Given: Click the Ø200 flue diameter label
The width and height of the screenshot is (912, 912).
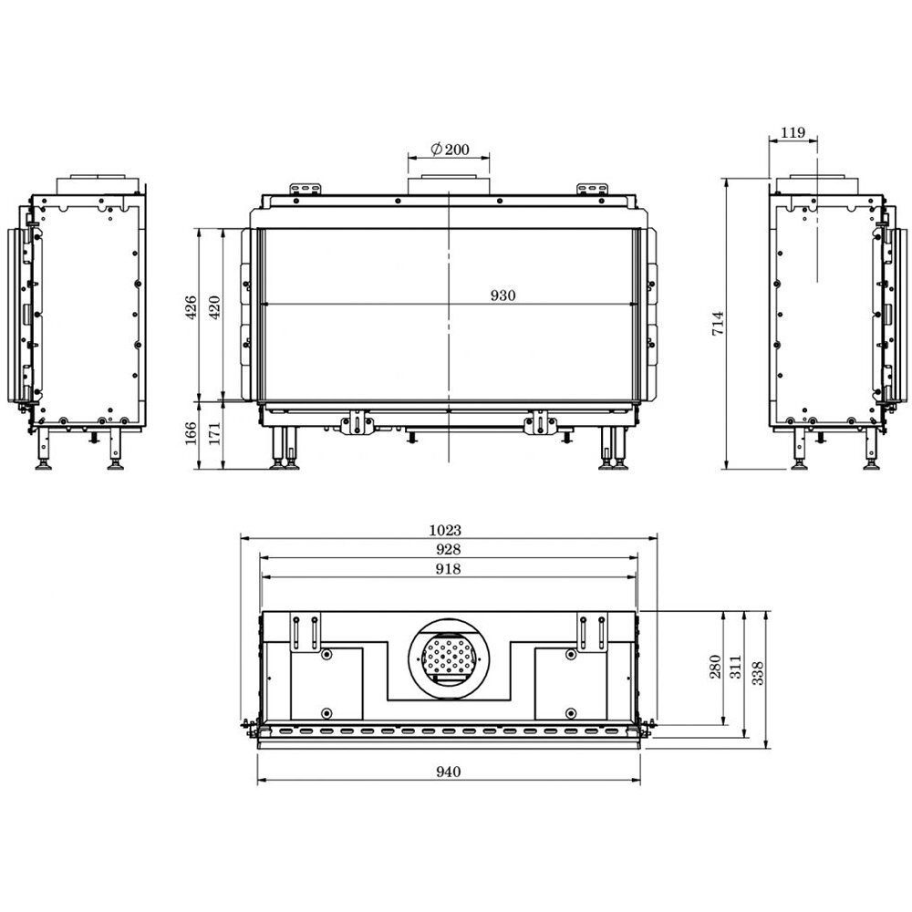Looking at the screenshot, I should (x=449, y=149).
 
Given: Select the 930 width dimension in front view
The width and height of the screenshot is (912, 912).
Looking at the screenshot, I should (x=503, y=295).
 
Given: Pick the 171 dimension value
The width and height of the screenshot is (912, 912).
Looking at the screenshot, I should (x=214, y=434).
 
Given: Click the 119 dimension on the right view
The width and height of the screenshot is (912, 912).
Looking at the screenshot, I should (x=793, y=133).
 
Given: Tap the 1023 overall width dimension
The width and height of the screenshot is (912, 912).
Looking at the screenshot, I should (x=448, y=530).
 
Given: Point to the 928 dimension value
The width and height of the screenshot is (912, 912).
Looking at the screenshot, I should (x=448, y=549).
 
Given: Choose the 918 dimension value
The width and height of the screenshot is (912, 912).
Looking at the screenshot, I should (x=448, y=569).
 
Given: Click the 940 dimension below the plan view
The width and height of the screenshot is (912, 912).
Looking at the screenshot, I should (x=448, y=772).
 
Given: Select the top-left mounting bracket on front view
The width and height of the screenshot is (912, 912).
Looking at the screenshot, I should (x=307, y=188).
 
